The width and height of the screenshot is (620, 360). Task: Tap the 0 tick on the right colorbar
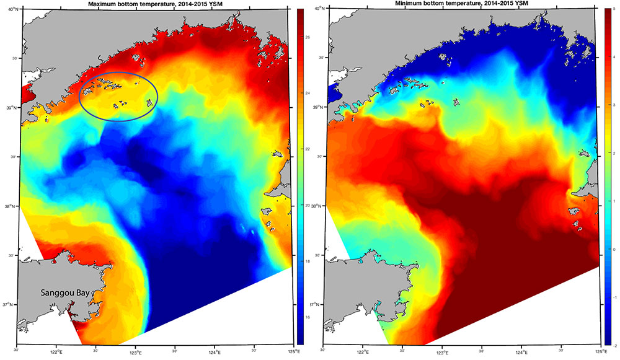coord(611,249)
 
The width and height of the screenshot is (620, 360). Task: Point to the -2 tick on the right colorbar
coord(610,345)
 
